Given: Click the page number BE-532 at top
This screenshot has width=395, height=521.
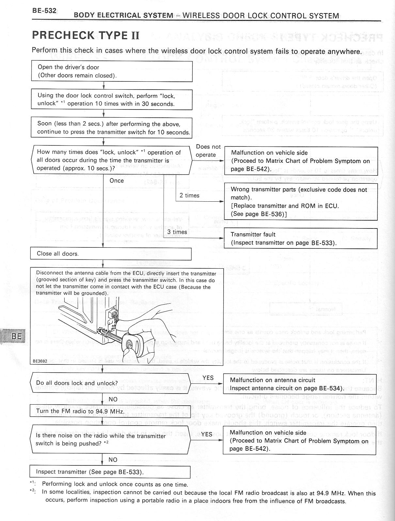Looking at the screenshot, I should click(x=44, y=10).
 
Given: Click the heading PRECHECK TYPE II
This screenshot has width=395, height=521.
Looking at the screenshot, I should click(x=86, y=35).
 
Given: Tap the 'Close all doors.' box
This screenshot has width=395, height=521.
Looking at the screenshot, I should click(x=111, y=254).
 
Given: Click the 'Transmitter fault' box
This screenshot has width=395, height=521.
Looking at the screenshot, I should click(x=300, y=239).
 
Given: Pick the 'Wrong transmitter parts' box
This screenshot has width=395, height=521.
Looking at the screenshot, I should click(x=300, y=202).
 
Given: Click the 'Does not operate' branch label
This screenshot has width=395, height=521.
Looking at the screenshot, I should click(x=208, y=151).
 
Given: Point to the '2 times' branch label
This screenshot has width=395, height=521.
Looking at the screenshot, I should click(x=189, y=195).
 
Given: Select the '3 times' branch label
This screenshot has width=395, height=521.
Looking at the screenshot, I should click(x=177, y=232).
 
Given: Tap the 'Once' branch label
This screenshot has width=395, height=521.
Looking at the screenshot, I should click(x=117, y=181).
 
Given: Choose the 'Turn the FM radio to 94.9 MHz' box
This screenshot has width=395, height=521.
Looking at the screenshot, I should click(x=110, y=411).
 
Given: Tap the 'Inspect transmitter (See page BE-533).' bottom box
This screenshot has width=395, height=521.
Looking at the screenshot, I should click(x=110, y=472).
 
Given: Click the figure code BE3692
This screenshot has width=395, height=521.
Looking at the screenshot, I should click(x=40, y=361).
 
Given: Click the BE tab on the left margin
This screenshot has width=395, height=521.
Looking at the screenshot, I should click(x=16, y=336).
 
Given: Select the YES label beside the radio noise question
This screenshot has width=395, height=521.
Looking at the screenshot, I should click(x=207, y=434).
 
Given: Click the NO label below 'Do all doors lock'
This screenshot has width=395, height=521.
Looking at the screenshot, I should click(x=113, y=399).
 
